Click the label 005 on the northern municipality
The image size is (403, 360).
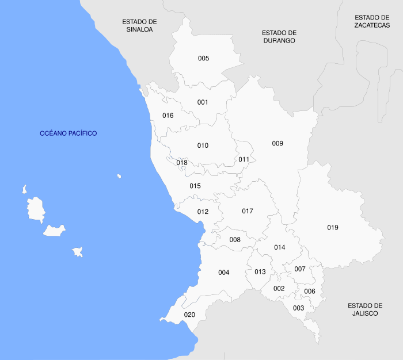[203, 58]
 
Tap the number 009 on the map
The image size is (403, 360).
[277, 143]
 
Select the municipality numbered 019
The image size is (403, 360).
[333, 227]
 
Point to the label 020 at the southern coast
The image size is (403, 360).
[189, 315]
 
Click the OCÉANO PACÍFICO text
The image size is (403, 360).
[69, 133]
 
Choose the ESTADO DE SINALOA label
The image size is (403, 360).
[139, 25]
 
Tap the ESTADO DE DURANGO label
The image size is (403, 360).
[279, 37]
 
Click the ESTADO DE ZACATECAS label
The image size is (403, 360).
[372, 21]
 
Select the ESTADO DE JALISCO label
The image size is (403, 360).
[365, 309]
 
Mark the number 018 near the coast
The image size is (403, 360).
[182, 163]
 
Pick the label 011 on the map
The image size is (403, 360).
[244, 159]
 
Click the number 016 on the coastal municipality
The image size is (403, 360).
[168, 116]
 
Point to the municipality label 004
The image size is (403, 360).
[224, 272]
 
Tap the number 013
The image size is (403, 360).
[260, 272]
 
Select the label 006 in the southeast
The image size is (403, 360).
[310, 291]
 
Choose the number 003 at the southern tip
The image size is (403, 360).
[298, 308]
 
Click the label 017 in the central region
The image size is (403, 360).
[248, 211]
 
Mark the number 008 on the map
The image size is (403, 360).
[235, 239]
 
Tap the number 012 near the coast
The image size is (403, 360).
[203, 212]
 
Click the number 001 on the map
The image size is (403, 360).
[203, 102]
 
